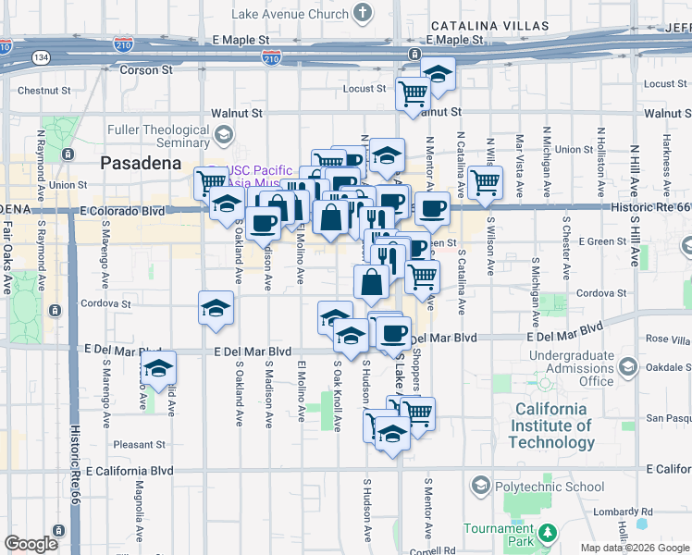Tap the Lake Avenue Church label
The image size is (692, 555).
tap(290, 14)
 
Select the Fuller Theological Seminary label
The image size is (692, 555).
tap(158, 137)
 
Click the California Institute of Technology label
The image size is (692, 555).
tap(551, 425)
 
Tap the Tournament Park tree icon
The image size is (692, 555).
tap(547, 532)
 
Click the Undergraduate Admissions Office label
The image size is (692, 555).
tap(571, 368)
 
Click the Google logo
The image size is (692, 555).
tap(31, 544)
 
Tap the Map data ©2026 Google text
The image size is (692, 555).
tap(634, 548)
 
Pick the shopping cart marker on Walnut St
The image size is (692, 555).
tap(412, 92)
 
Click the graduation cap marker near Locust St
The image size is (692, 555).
tap(438, 72)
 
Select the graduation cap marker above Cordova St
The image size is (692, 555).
tap(216, 306)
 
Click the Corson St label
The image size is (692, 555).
tap(147, 69)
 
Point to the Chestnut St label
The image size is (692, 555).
tap(44, 91)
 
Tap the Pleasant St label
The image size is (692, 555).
tap(139, 445)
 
